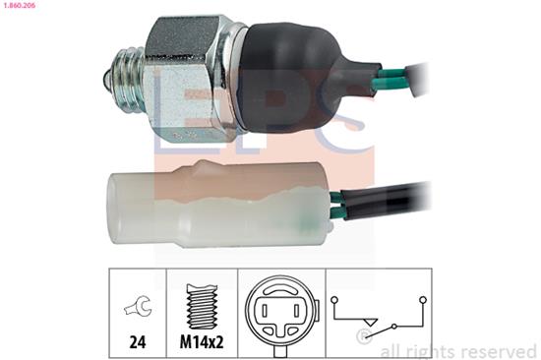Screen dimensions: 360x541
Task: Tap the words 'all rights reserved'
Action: tap(458, 349)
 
